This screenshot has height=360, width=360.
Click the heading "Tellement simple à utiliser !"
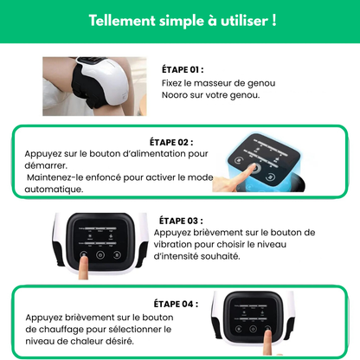tap(180, 19)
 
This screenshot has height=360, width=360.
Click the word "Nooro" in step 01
tap(176, 95)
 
